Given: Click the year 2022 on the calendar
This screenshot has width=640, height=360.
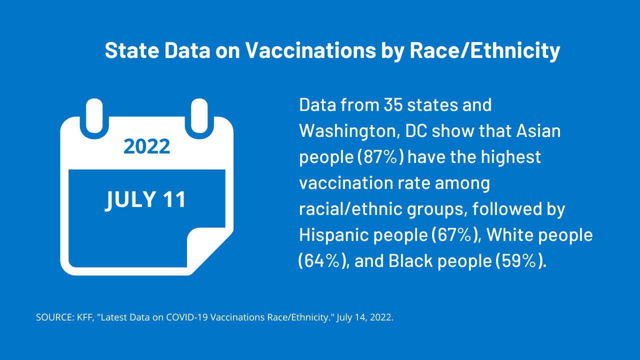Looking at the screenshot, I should click(x=146, y=146).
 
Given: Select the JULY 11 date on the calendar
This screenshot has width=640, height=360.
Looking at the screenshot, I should click(x=146, y=199).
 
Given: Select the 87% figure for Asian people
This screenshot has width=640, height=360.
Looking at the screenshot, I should click(x=380, y=157).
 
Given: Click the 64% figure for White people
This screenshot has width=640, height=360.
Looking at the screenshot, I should click(x=322, y=261).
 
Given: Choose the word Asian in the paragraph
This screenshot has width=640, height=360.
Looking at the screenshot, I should click(x=538, y=131).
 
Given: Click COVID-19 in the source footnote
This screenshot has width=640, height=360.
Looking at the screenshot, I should click(x=184, y=317).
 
